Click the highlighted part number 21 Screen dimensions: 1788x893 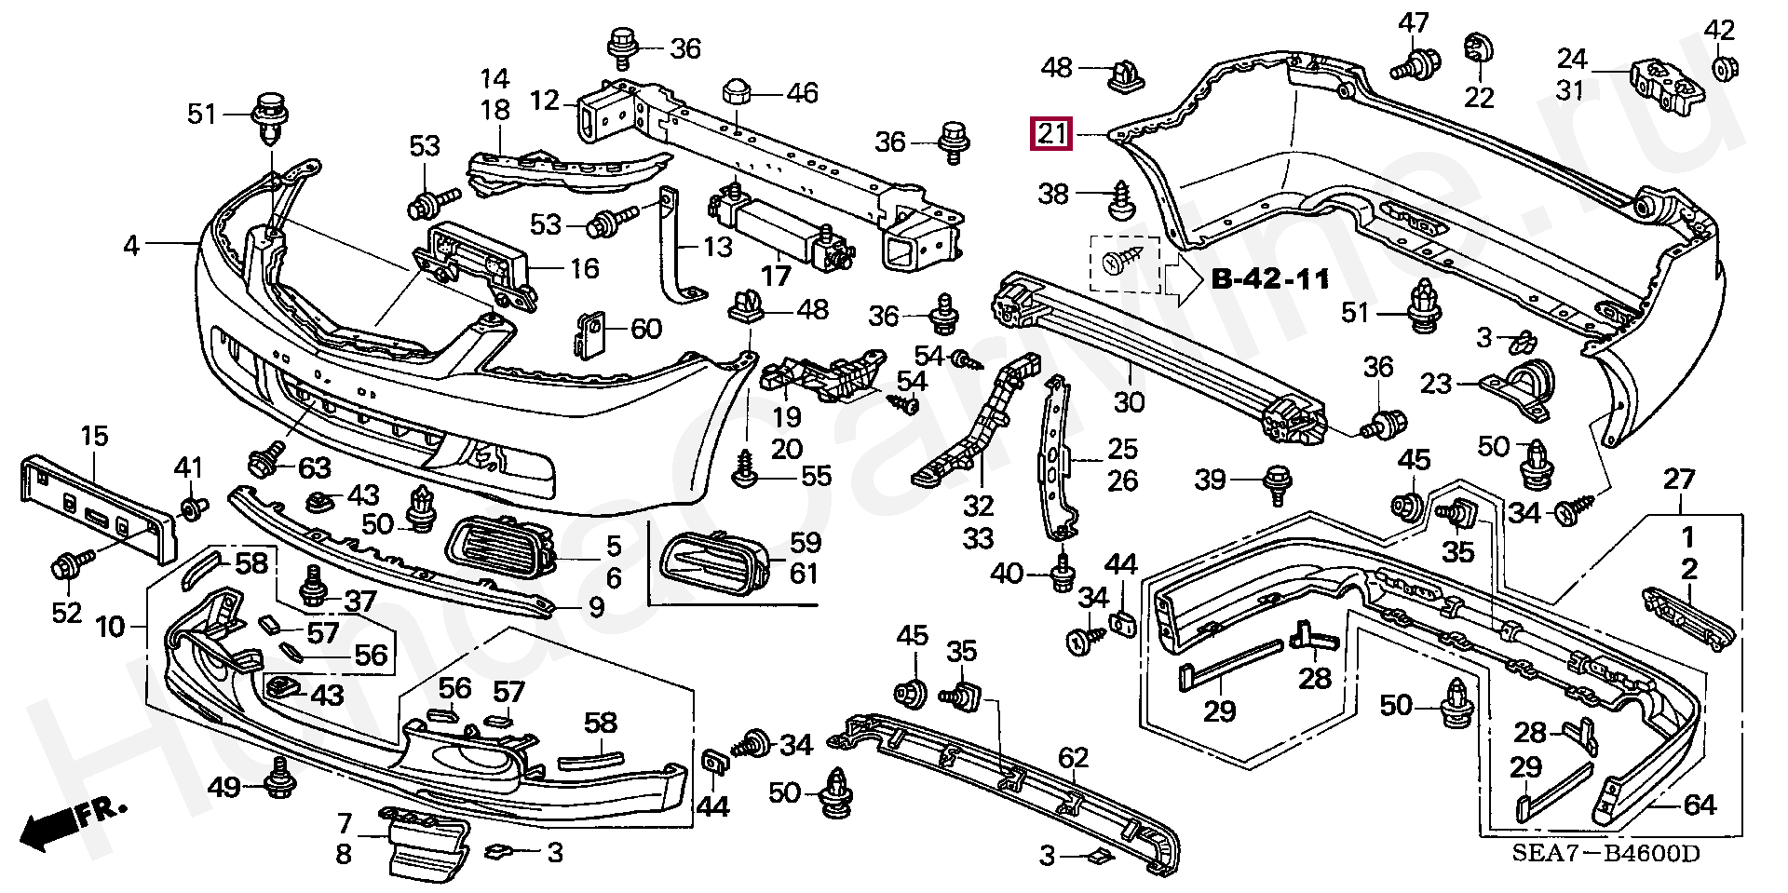tap(1051, 134)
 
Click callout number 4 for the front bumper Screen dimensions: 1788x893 tap(131, 246)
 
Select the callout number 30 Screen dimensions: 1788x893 tap(1129, 402)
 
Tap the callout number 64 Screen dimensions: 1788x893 tap(1700, 805)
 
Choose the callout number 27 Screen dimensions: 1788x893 tap(1679, 480)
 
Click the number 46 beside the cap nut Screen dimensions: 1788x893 tap(802, 93)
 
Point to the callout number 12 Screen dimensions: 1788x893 tap(546, 99)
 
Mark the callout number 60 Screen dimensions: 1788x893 tap(646, 329)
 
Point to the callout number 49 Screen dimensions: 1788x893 tap(224, 788)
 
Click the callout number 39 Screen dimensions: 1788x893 tap(1211, 480)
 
